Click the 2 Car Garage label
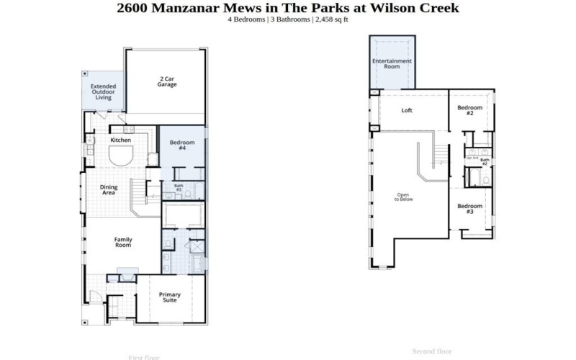pyautogui.click(x=168, y=81)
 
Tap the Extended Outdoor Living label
pyautogui.click(x=103, y=91)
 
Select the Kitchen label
pyautogui.click(x=120, y=140)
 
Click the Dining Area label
pyautogui.click(x=108, y=190)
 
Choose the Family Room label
pyautogui.click(x=123, y=242)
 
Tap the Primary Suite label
pyautogui.click(x=170, y=297)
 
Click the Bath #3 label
pyautogui.click(x=179, y=188)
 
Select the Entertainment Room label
pyautogui.click(x=392, y=63)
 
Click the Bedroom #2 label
pyautogui.click(x=469, y=111)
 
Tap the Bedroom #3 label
pyautogui.click(x=469, y=209)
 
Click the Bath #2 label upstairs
pyautogui.click(x=485, y=162)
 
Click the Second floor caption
pyautogui.click(x=431, y=351)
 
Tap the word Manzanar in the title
pyautogui.click(x=184, y=8)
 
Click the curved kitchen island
pyautogui.click(x=120, y=156)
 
